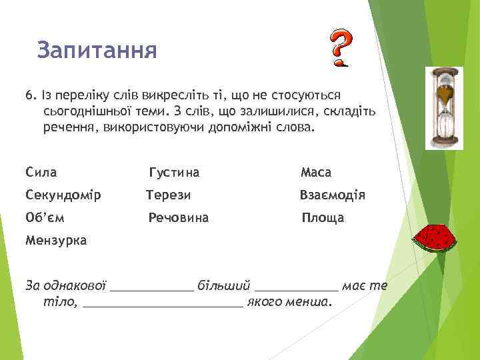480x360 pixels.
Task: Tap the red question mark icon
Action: (x=340, y=49)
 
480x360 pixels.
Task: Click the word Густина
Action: (x=174, y=173)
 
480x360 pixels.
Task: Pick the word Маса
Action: (x=315, y=173)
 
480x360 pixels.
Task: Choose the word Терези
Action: (x=169, y=195)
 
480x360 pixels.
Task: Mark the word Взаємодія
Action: (x=332, y=195)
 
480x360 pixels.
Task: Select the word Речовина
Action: (x=178, y=217)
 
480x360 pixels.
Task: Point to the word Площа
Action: (x=323, y=217)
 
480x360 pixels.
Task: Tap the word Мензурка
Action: (x=55, y=240)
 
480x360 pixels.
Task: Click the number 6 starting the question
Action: (x=29, y=95)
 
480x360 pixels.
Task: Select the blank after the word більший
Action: (x=297, y=287)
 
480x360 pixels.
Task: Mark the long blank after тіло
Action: (x=164, y=303)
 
